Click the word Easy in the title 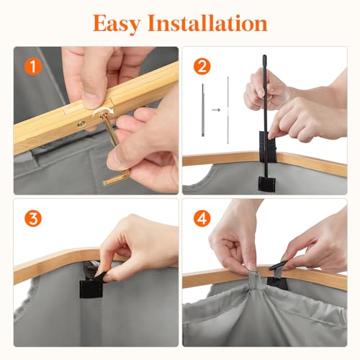click(117, 24)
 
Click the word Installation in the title click(207, 23)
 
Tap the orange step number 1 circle click(33, 66)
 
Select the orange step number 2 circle click(202, 66)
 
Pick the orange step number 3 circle click(33, 218)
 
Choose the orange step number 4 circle click(202, 218)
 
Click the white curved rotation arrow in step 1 click(103, 111)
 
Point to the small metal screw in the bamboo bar click(81, 124)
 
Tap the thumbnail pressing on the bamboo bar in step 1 click(91, 99)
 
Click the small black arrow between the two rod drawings click(216, 110)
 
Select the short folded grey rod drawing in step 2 click(203, 110)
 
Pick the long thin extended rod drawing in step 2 click(228, 110)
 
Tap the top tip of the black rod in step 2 click(264, 56)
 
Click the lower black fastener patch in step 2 click(266, 184)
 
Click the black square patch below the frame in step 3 click(90, 289)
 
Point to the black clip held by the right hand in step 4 click(278, 265)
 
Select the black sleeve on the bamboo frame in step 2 click(268, 147)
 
